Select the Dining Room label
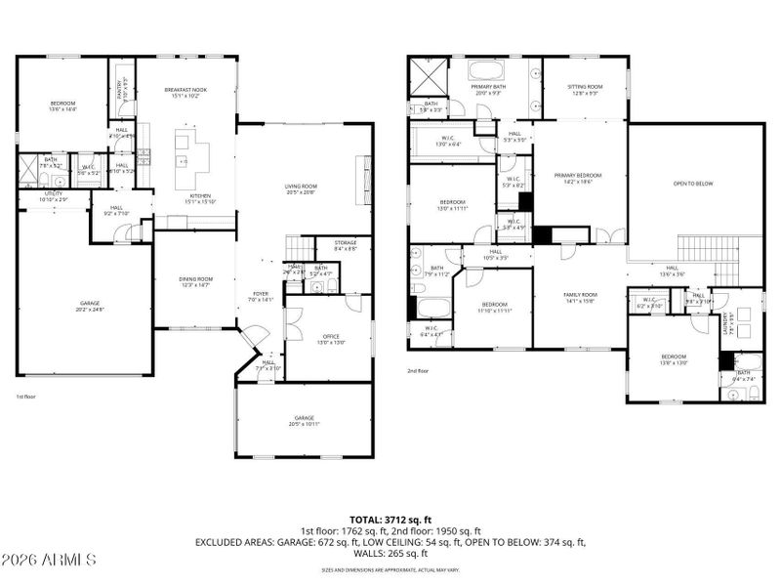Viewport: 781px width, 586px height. click(x=195, y=282)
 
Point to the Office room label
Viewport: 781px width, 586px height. click(x=329, y=339)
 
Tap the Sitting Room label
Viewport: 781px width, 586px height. click(x=586, y=89)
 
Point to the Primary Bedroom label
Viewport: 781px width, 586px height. click(x=578, y=178)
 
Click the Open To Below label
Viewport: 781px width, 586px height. click(x=693, y=184)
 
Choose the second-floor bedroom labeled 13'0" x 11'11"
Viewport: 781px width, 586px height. click(x=452, y=205)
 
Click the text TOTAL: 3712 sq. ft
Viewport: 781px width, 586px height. click(x=390, y=520)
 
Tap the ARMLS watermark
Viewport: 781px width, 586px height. click(x=49, y=561)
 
